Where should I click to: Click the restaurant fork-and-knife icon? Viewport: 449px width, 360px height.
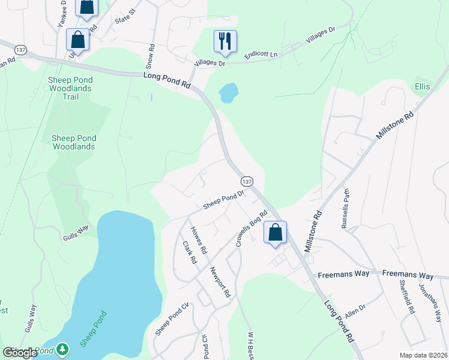[225, 41]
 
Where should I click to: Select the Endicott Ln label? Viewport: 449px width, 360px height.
[262, 55]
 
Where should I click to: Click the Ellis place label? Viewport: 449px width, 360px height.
[422, 87]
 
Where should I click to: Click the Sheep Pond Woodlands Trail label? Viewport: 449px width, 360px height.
[71, 88]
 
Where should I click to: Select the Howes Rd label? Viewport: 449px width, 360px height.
[199, 239]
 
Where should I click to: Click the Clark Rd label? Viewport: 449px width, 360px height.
[189, 253]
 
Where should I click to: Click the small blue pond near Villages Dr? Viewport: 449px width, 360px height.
[228, 92]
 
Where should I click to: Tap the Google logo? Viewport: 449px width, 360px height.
[20, 353]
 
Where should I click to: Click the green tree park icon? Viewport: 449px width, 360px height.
[62, 350]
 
